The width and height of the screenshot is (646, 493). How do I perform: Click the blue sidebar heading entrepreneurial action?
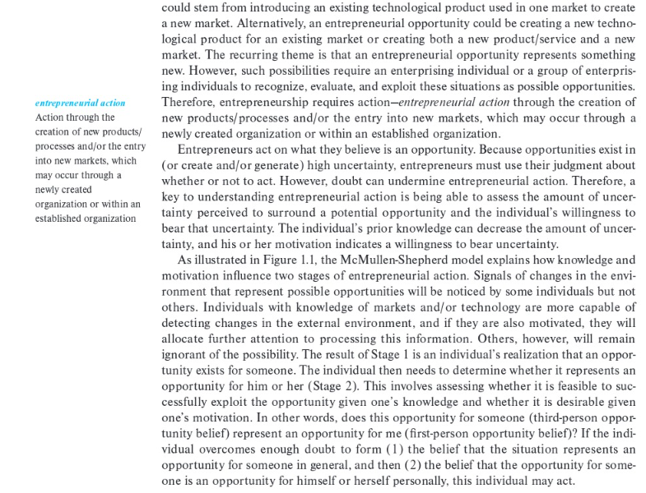[81, 103]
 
